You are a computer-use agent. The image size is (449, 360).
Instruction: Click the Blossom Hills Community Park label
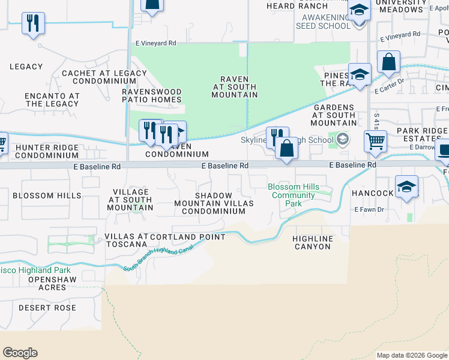[293, 195]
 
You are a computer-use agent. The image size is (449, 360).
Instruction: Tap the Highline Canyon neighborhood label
[312, 242]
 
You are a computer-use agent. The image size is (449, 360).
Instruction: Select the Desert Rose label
[47, 308]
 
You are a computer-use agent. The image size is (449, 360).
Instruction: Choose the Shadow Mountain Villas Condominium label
[214, 203]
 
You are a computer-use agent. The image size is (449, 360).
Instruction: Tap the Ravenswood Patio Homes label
[152, 95]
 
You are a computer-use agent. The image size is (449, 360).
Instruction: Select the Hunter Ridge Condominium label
[47, 151]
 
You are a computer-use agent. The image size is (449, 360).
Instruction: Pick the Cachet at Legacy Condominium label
[104, 77]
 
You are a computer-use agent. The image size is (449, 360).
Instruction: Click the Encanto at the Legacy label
[52, 100]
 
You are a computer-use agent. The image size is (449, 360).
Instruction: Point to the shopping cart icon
[376, 142]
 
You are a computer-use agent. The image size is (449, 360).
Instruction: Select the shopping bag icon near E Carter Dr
[389, 62]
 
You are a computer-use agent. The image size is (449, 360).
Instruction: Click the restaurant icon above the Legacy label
[32, 24]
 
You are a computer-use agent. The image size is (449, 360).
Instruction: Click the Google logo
[20, 352]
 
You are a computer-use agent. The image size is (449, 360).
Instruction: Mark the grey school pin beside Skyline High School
[342, 140]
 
